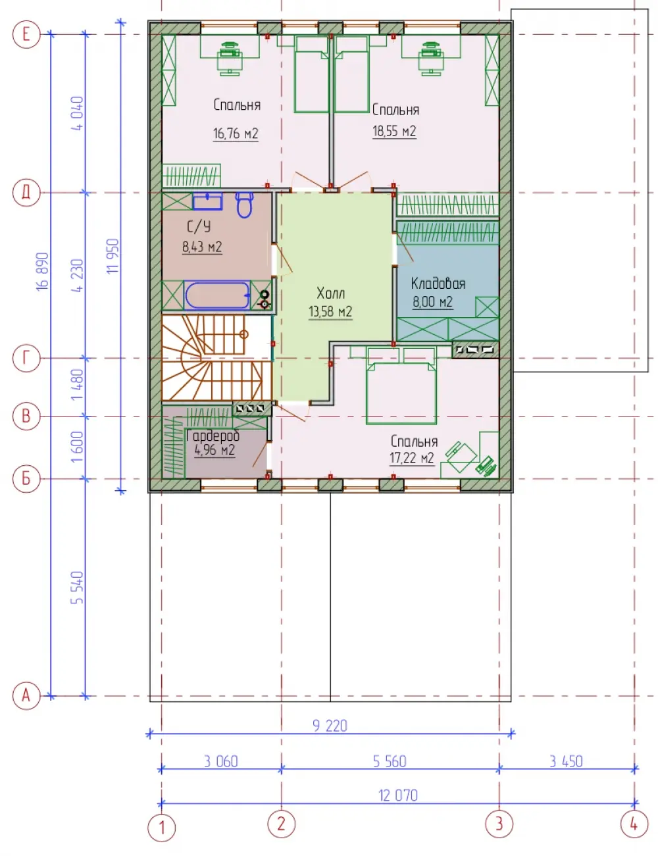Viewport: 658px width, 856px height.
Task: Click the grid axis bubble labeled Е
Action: coord(26,34)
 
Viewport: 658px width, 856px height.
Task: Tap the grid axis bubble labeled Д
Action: coord(26,193)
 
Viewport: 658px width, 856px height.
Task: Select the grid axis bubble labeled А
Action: coord(26,695)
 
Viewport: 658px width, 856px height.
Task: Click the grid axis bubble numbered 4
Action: coord(634,824)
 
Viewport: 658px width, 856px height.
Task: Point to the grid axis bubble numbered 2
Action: coord(281,824)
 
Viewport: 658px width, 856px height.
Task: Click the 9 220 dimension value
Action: coord(330,726)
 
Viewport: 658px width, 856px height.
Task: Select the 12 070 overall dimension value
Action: coord(397,795)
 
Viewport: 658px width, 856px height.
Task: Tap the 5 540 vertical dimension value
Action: coord(78,588)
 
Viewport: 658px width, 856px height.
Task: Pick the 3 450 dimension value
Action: coord(566,761)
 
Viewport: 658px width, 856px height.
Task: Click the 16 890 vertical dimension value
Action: coord(43,272)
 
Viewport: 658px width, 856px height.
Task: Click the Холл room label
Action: coord(331,293)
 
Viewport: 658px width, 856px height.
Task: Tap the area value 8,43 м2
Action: coord(202,247)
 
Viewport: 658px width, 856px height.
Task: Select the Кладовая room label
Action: coord(438,283)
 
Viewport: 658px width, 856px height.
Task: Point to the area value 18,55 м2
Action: coord(394,131)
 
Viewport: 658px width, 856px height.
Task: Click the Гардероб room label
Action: coord(213,436)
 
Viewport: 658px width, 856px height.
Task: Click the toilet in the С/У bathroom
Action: coord(245,205)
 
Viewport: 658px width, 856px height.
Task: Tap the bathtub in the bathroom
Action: coord(217,295)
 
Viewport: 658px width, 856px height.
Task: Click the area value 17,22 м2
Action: coord(412,458)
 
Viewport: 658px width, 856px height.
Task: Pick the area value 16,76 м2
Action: coord(236,134)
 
